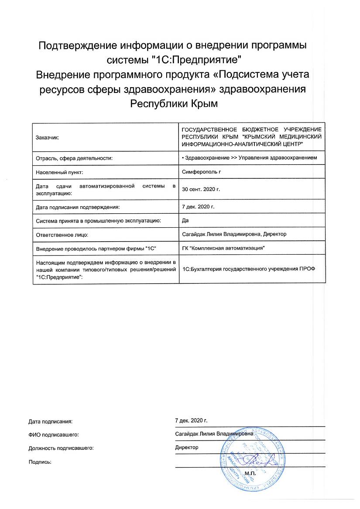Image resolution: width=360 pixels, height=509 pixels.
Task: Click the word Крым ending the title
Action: [202, 104]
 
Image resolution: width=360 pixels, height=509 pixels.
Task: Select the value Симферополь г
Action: [201, 172]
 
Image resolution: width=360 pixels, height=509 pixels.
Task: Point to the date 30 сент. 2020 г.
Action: [201, 189]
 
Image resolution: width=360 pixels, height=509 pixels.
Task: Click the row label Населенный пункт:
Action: [59, 172]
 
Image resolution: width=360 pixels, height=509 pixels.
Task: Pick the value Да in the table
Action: [185, 221]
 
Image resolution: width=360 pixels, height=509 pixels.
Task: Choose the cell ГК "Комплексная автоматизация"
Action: [223, 248]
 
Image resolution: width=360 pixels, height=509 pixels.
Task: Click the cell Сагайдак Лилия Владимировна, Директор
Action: [233, 234]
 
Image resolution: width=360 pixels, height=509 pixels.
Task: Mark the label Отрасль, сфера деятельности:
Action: [74, 157]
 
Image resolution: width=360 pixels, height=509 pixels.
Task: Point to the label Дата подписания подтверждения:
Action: [77, 207]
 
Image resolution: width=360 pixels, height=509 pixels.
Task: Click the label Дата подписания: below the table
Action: [50, 421]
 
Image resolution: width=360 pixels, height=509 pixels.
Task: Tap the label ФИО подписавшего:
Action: [54, 434]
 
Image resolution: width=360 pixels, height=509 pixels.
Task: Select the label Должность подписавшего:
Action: [61, 448]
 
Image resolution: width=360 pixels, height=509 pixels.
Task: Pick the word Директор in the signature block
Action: [186, 448]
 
